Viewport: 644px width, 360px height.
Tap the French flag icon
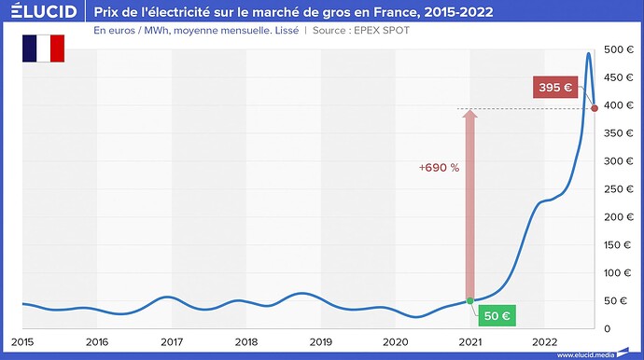click(x=43, y=48)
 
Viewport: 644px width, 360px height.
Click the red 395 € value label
click(x=555, y=88)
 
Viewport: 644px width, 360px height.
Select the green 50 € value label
click(x=496, y=315)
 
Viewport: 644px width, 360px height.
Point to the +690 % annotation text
click(x=438, y=168)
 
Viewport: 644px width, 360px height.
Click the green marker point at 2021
click(x=470, y=300)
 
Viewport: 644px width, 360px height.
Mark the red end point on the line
click(x=595, y=108)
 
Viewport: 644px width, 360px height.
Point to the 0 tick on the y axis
click(x=608, y=328)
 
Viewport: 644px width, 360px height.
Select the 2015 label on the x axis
click(x=22, y=342)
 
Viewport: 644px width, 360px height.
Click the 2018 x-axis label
click(x=246, y=342)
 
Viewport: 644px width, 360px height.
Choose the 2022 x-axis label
click(x=545, y=342)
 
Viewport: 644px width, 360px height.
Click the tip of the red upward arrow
click(x=470, y=110)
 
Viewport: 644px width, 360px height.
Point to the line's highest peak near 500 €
click(x=588, y=53)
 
